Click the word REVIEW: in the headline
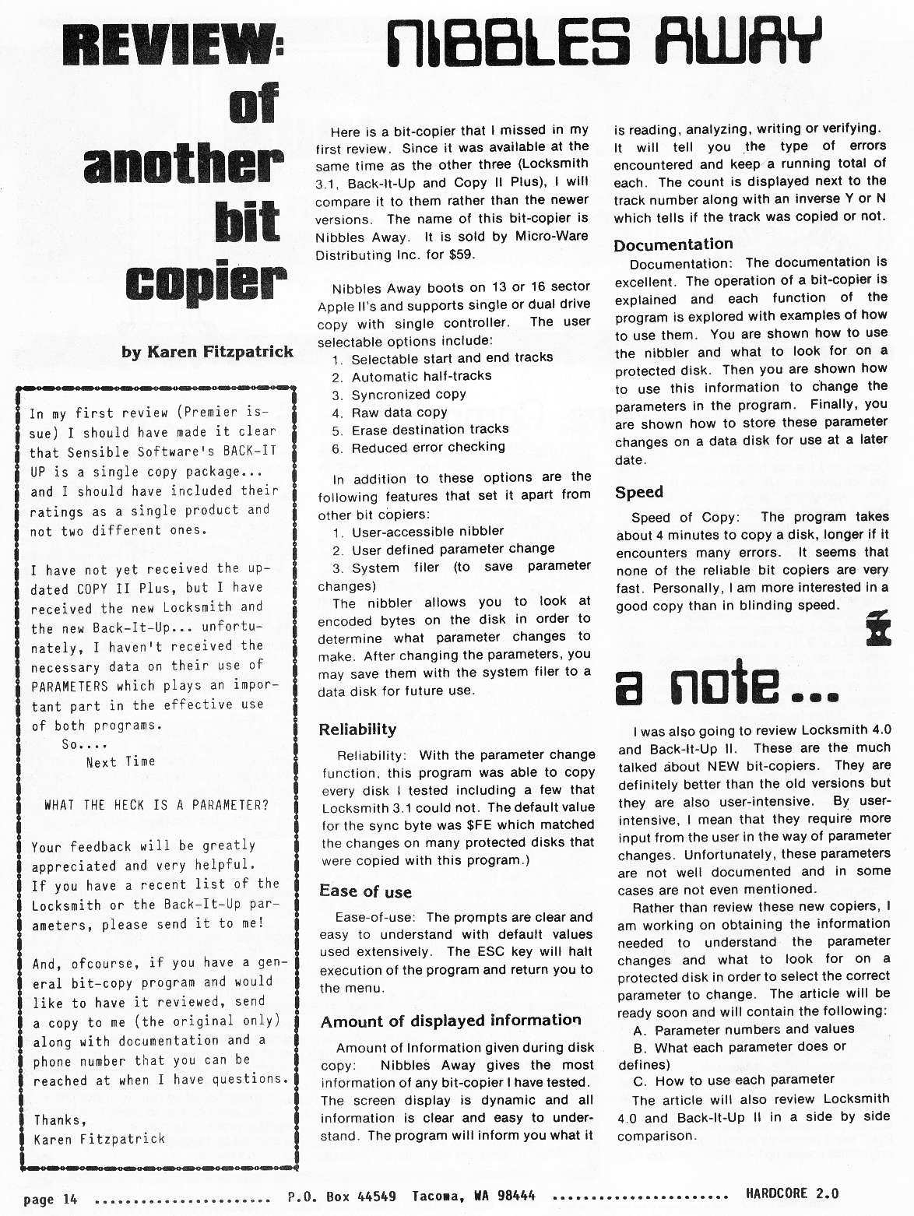(172, 46)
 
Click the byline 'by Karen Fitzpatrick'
(207, 352)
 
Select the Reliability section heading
(357, 729)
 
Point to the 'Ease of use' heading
(365, 891)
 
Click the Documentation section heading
(673, 244)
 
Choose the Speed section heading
(638, 492)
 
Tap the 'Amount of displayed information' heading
(451, 1021)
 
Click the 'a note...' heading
(726, 684)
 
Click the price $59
(461, 255)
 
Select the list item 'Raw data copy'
(399, 412)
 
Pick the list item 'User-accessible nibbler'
(427, 532)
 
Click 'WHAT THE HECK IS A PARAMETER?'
(156, 805)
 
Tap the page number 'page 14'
(51, 1199)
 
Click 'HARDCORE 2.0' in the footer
(792, 1193)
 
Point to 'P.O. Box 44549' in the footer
(341, 1197)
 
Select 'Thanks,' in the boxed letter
(60, 1119)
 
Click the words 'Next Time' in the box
(121, 762)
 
